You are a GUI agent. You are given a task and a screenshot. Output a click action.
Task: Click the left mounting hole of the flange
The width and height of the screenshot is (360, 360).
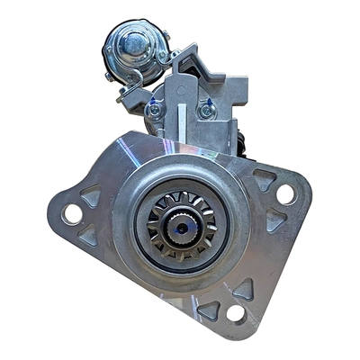tap(71, 214)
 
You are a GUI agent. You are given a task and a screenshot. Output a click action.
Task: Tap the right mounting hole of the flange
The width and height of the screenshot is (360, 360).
tap(285, 194)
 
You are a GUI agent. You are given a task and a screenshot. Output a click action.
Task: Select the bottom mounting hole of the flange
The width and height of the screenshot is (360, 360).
tap(236, 312)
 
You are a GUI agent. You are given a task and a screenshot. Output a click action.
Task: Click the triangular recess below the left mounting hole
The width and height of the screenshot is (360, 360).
tap(87, 236)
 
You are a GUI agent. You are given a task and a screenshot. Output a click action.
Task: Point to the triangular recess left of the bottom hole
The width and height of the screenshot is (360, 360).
tap(209, 309)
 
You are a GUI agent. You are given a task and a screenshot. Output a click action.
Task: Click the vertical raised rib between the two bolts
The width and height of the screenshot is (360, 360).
tap(179, 113)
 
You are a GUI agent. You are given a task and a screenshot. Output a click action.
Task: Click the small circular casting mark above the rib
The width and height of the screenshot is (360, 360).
tap(179, 91)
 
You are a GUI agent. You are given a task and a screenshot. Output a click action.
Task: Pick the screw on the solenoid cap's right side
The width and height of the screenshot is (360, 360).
tap(164, 37)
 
